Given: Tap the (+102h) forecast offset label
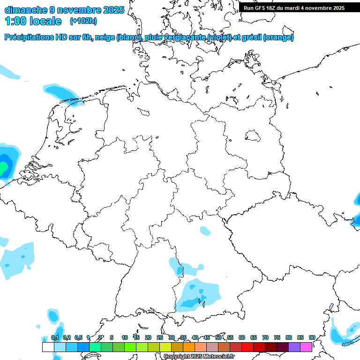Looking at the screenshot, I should pyautogui.click(x=83, y=21).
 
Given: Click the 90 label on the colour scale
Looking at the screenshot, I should pyautogui.click(x=312, y=337).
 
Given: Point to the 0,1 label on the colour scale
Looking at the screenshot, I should pyautogui.click(x=55, y=337).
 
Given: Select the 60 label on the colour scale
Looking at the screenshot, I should pyautogui.click(x=242, y=337).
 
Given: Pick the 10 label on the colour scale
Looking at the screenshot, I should pyautogui.click(x=125, y=337).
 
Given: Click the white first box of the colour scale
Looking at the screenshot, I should pyautogui.click(x=48, y=347).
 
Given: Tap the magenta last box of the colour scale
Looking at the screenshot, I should pyautogui.click(x=306, y=347).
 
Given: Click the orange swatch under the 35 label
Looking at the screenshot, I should pyautogui.click(x=189, y=347).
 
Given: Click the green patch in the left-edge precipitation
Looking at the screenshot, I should pyautogui.click(x=3, y=166).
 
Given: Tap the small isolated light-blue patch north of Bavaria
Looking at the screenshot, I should pyautogui.click(x=205, y=230).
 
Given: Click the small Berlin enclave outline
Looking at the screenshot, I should pyautogui.click(x=254, y=136).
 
